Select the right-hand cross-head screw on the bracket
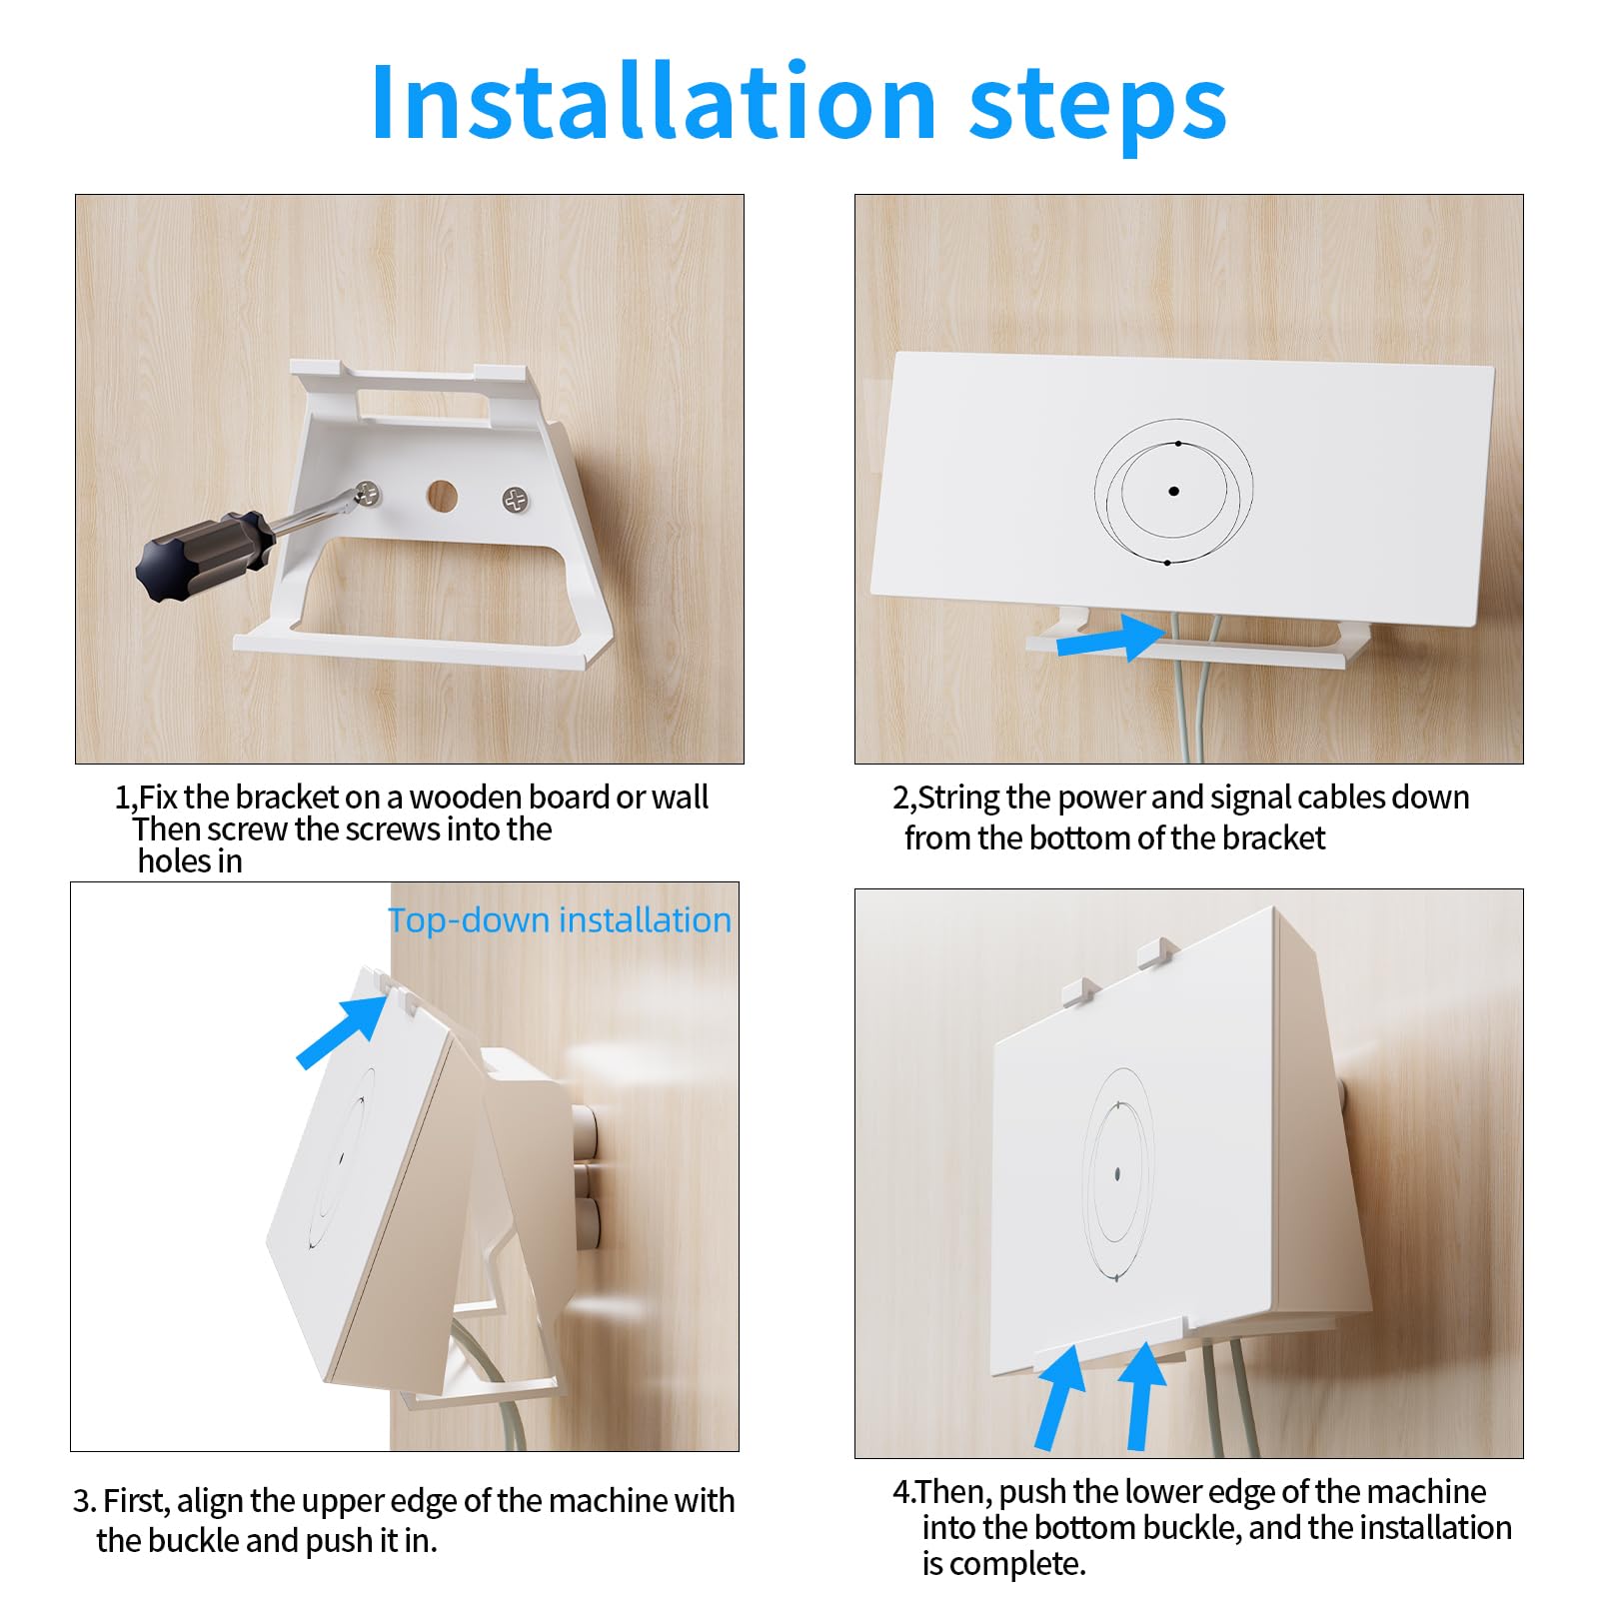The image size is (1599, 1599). pos(516,500)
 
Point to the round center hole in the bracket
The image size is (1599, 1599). pos(442,496)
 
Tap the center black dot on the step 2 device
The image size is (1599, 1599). pos(1173,491)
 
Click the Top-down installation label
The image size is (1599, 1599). pos(560,920)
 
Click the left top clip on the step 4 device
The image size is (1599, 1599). pos(1080,991)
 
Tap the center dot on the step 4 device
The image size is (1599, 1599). pos(1117,1174)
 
